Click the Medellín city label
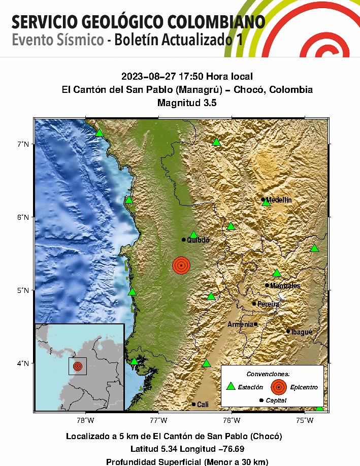[x=279, y=200]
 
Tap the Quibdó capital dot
[x=184, y=240]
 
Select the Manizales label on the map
[x=285, y=286]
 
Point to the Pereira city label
[x=269, y=304]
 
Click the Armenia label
[x=240, y=324]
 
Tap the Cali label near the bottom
[x=203, y=405]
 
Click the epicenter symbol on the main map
[x=181, y=265]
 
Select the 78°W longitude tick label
[x=85, y=420]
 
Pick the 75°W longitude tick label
[x=304, y=420]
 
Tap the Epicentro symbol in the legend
[x=278, y=387]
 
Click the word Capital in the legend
[x=276, y=401]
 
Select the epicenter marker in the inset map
[x=77, y=366]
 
